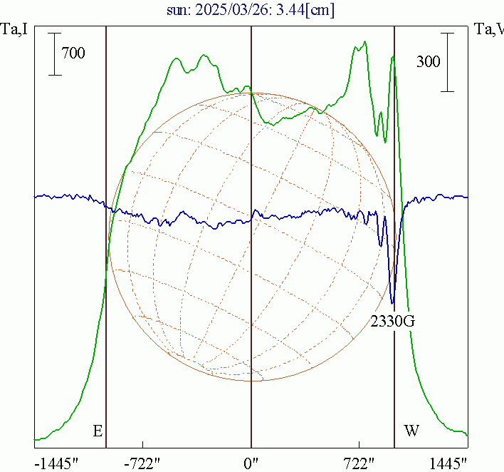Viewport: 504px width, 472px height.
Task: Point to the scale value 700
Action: tap(73, 53)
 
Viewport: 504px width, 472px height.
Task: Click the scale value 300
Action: tap(429, 61)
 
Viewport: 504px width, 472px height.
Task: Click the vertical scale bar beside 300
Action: tap(447, 62)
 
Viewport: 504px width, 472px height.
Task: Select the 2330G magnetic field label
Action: tap(392, 322)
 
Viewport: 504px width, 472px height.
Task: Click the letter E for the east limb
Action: tap(98, 431)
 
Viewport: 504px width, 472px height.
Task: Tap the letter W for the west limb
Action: tap(411, 431)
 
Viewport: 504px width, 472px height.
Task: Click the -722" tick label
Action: tap(143, 463)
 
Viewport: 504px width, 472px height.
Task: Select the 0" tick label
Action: tap(251, 463)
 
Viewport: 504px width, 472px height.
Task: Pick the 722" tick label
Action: tap(359, 463)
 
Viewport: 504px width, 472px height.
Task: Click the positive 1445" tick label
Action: tap(448, 463)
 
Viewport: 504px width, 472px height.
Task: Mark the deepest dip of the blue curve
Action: tap(393, 302)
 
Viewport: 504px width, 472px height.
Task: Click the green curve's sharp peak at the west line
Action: tap(393, 56)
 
